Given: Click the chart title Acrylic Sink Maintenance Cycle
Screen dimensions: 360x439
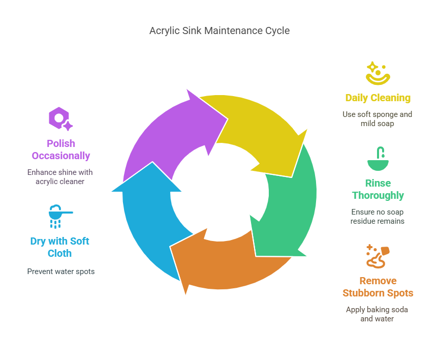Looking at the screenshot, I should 219,31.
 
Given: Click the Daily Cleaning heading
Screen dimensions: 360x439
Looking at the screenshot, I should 378,98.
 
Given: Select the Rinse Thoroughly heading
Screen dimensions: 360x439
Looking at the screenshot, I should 378,189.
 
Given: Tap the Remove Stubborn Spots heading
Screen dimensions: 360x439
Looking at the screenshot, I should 378,287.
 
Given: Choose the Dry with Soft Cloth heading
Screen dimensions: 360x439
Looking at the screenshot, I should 60,247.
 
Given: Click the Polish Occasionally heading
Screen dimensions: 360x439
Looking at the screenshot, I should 60,149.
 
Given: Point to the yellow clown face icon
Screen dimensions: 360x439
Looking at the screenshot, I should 378,73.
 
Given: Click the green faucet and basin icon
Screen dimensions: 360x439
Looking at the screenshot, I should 378,159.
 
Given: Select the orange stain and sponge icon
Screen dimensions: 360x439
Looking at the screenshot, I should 378,256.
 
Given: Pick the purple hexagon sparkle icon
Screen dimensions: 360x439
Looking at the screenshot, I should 60,119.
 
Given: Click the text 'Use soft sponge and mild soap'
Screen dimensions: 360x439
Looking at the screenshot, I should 378,119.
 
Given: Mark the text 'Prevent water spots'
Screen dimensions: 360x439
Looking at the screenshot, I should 60,272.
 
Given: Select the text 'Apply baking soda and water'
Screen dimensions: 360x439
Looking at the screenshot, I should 378,314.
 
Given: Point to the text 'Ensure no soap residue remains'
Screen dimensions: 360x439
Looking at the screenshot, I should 378,217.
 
